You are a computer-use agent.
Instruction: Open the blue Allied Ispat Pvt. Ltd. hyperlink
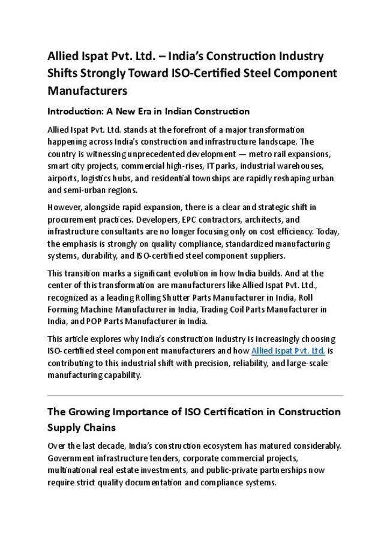pyautogui.click(x=288, y=351)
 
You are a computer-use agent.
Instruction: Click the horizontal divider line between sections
pyautogui.click(x=195, y=396)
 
